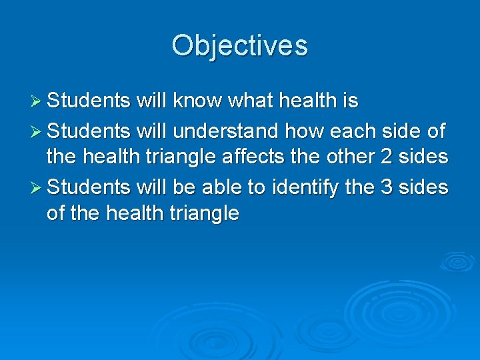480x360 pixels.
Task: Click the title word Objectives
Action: [x=239, y=45]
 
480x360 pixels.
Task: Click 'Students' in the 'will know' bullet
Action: [x=89, y=101]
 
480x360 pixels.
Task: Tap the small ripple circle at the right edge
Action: [x=457, y=261]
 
